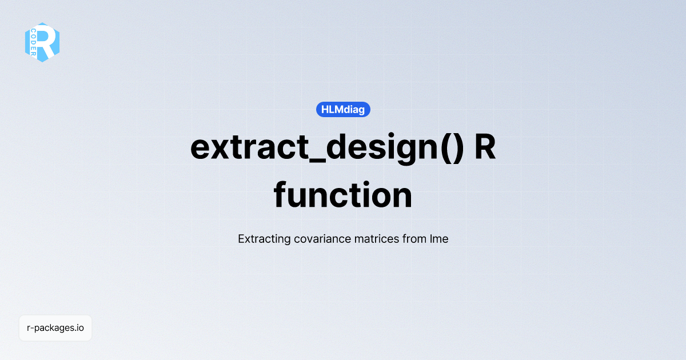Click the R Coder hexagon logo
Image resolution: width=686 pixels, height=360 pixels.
[42, 42]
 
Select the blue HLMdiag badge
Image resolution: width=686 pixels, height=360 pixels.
[343, 109]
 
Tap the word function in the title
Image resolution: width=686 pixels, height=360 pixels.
[343, 195]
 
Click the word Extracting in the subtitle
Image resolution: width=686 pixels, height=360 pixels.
[264, 239]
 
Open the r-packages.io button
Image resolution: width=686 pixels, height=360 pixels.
[55, 328]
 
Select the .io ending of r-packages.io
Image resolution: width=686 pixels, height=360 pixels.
[78, 328]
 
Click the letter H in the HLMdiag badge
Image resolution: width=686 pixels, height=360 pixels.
[325, 109]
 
